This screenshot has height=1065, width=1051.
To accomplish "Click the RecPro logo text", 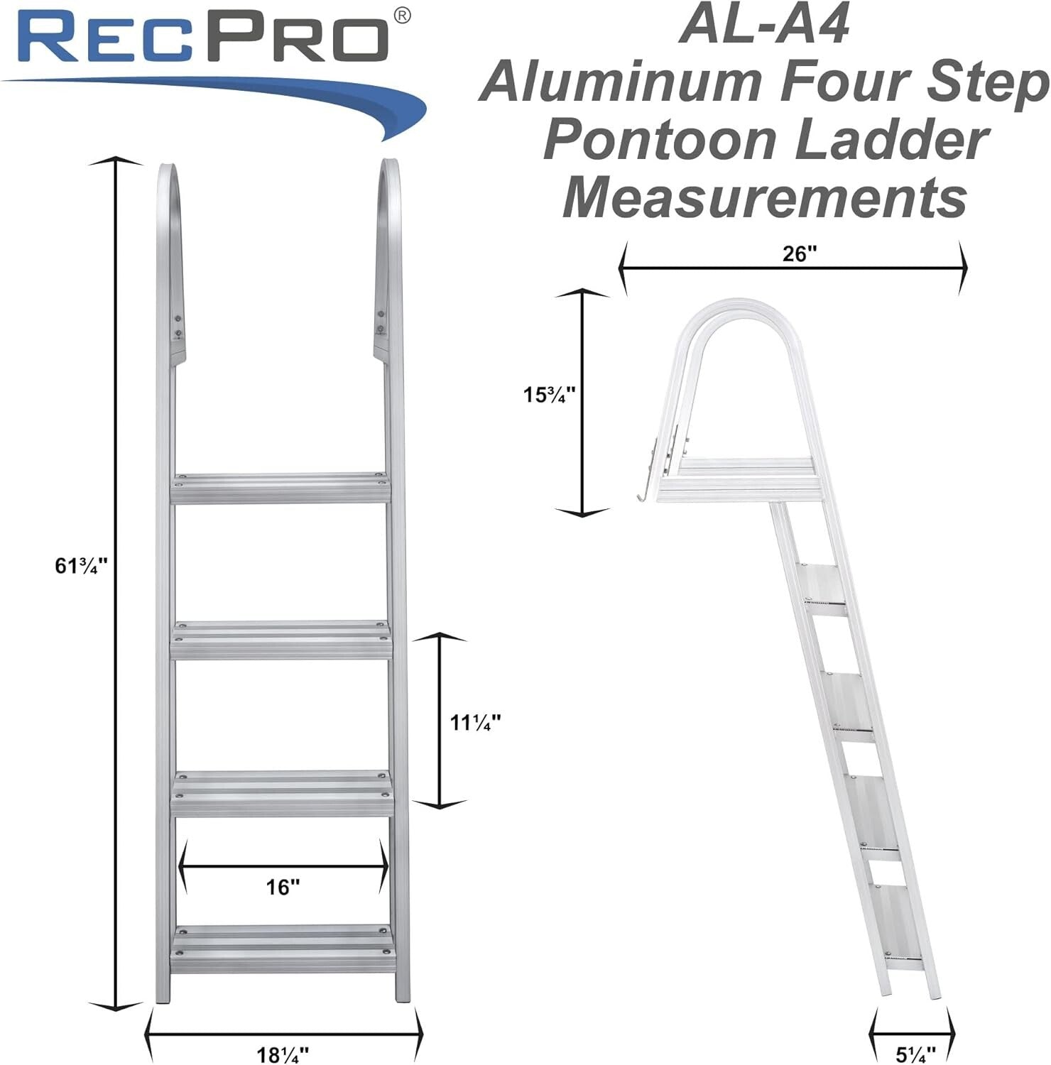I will [x=206, y=39].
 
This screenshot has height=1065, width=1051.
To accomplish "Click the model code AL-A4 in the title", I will [x=763, y=27].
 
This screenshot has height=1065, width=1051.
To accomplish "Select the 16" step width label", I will [x=283, y=887].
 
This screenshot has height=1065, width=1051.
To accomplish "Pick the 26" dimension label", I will [x=795, y=254].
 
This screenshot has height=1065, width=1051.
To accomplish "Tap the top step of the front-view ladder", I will [x=281, y=488].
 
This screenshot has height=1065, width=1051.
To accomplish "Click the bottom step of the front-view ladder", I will [x=281, y=940].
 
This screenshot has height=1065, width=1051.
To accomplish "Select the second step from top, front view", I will [x=281, y=638].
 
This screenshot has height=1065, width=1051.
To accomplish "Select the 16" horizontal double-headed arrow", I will [x=283, y=868].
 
